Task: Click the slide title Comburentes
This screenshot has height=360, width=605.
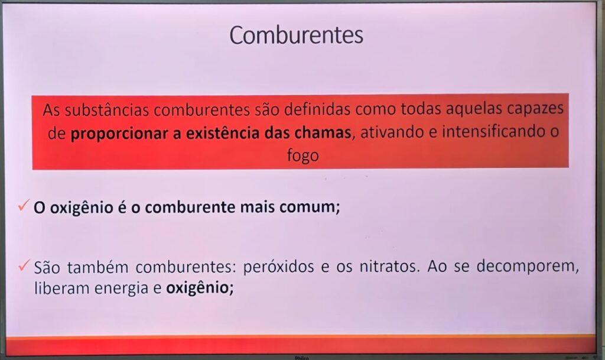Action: (x=297, y=35)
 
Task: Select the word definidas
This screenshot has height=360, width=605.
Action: (x=317, y=109)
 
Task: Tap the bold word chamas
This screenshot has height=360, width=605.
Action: (x=323, y=133)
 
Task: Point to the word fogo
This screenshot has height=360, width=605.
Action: (x=303, y=156)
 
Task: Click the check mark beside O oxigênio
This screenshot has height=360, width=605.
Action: (x=24, y=205)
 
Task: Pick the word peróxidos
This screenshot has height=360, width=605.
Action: (x=279, y=267)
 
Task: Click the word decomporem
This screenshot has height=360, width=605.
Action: (x=528, y=266)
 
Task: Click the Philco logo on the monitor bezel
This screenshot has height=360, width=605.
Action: (x=302, y=358)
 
